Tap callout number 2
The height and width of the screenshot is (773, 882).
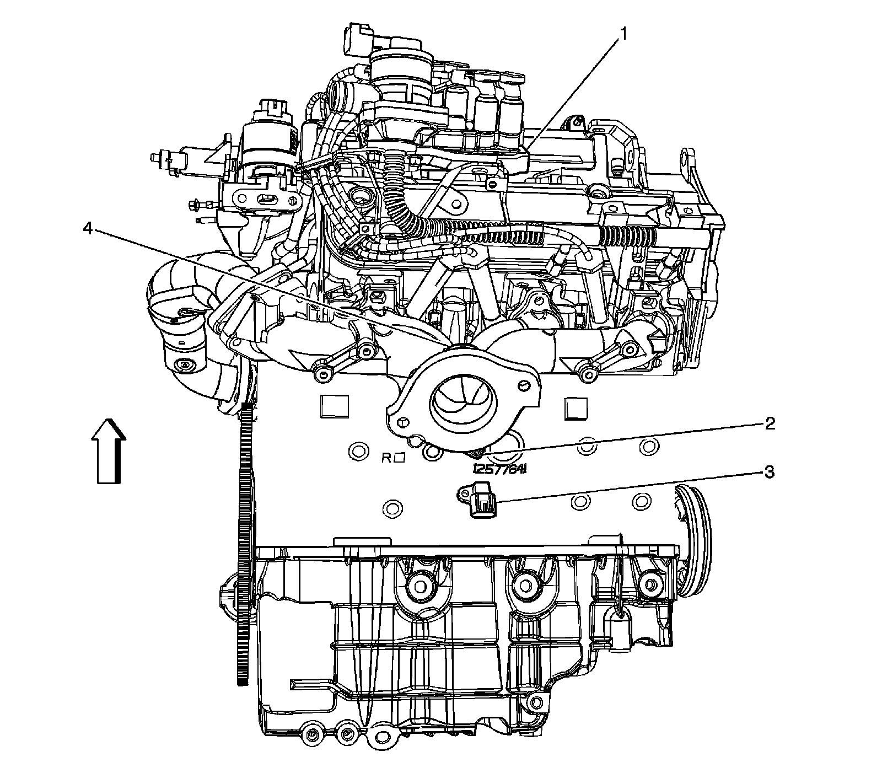tap(769, 423)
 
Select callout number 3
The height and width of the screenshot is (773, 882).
tap(769, 473)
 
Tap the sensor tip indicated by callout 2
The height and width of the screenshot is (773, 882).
tap(475, 454)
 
